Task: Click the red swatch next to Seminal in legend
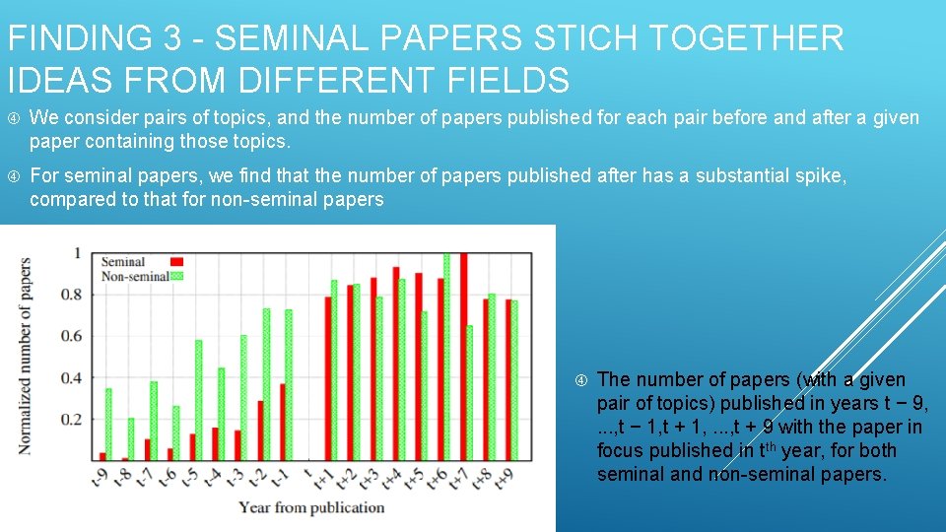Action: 177,262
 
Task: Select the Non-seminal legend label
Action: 135,277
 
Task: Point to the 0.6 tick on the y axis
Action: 72,336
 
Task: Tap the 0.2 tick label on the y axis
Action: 72,419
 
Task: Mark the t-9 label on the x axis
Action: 100,477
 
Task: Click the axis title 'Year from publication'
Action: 311,507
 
